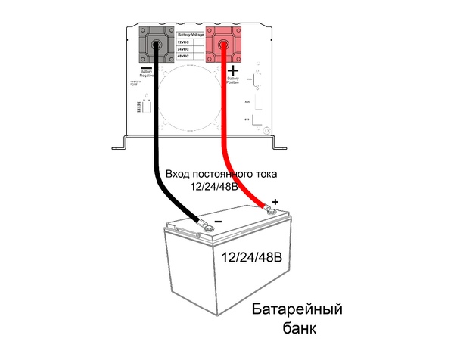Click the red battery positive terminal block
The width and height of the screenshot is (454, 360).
[x=223, y=46]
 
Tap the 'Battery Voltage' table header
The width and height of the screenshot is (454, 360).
[x=190, y=35]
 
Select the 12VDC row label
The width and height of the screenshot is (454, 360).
[x=184, y=42]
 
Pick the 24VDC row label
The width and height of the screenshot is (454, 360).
[x=184, y=49]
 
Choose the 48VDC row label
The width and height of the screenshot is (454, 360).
[x=184, y=57]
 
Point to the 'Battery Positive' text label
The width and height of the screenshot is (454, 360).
[x=233, y=81]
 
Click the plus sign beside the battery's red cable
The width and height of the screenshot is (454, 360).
[x=275, y=202]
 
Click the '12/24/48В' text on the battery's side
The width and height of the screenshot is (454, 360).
[x=252, y=258]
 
